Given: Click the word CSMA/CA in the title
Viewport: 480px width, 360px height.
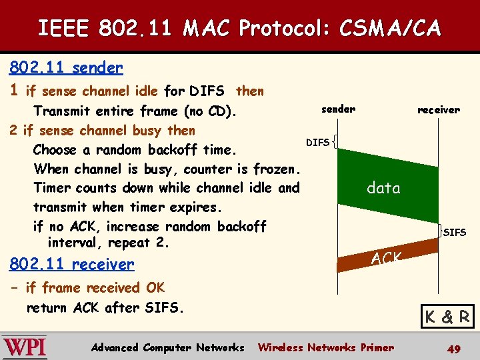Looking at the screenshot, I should (389, 29).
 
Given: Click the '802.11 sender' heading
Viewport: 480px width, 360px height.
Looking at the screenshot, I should (65, 67).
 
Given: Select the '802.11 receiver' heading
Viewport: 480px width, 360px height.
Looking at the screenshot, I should (71, 264).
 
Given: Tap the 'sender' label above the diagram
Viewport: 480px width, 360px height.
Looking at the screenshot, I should (338, 109).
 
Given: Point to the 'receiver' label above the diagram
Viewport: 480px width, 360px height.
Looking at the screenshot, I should (438, 109).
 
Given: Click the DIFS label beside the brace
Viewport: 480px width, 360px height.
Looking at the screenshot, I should (317, 142).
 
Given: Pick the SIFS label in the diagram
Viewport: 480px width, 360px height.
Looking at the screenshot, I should (455, 232).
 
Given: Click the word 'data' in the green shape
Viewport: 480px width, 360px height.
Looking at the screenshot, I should (383, 188).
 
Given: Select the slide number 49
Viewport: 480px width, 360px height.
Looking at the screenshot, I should (454, 348).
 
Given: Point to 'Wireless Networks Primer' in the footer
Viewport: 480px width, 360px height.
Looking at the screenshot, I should (325, 347).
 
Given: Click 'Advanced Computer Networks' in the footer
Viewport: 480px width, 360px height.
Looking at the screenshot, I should (167, 347).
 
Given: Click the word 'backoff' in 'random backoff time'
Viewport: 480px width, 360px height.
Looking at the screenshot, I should (175, 149).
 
